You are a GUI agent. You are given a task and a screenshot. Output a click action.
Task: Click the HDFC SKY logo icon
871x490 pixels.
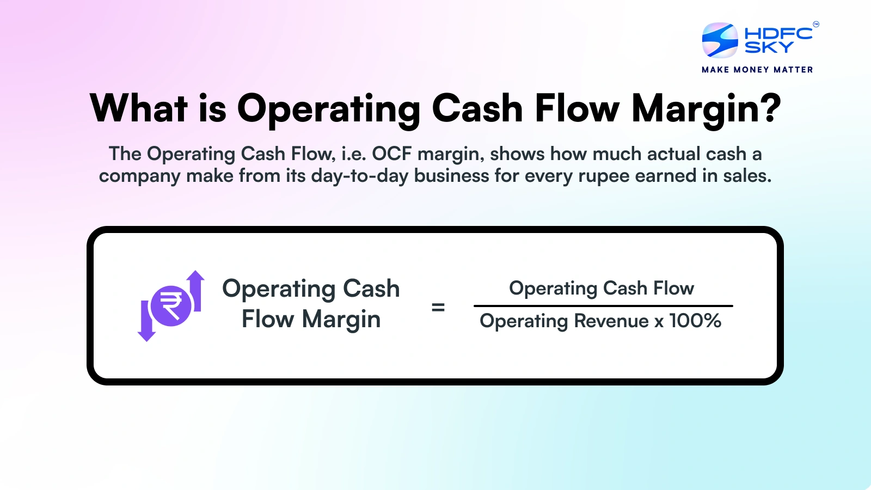coord(720,40)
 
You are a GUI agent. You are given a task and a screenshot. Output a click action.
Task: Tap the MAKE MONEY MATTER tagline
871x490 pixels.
coord(757,70)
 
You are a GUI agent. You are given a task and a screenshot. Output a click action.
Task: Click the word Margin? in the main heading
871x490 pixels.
coord(706,109)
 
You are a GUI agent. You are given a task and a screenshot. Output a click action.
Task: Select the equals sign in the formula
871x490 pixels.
coord(438,308)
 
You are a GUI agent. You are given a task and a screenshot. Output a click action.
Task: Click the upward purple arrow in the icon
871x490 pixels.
coord(196,289)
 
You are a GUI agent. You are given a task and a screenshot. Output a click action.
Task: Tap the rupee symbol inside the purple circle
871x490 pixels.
coord(171,306)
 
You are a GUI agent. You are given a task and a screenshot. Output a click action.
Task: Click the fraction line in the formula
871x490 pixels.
coord(603,306)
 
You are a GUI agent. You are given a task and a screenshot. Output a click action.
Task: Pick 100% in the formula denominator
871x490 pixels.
coord(695,321)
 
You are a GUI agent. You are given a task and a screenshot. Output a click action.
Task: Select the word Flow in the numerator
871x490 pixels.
coord(673,288)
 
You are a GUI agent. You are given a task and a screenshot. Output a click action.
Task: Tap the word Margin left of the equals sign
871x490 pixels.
coord(341,320)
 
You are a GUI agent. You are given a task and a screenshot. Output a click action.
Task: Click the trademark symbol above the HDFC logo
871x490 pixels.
coord(815,24)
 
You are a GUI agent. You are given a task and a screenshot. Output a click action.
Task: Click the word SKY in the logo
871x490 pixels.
coord(769,48)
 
